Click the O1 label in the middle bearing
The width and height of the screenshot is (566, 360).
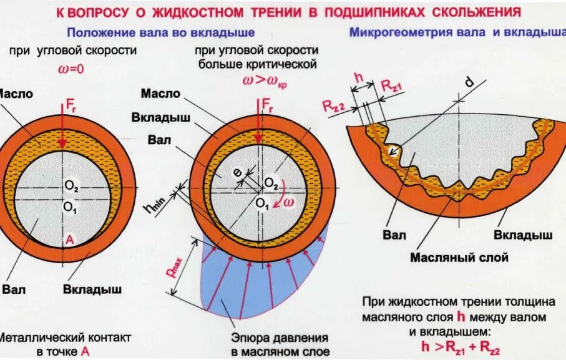pyautogui.click(x=260, y=203)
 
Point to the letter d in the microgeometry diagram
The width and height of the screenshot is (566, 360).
pyautogui.click(x=469, y=82)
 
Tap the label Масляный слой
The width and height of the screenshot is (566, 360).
pyautogui.click(x=459, y=258)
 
